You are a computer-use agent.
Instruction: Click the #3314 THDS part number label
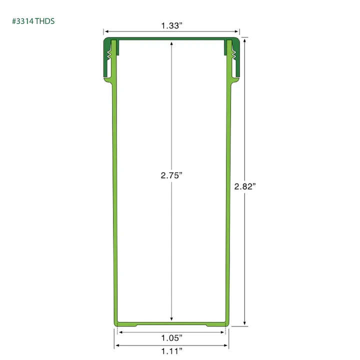(x=33, y=21)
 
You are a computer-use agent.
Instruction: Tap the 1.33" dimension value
(x=171, y=25)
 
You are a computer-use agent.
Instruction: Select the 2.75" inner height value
(x=171, y=175)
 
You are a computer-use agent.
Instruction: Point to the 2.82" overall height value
(x=244, y=186)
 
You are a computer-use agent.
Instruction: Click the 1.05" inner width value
(x=171, y=337)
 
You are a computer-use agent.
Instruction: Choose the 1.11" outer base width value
(x=171, y=351)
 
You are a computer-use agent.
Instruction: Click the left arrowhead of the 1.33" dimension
(x=107, y=31)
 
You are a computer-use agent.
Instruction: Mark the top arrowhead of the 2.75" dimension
(x=171, y=44)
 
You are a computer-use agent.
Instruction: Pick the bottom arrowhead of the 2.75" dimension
(x=171, y=318)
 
